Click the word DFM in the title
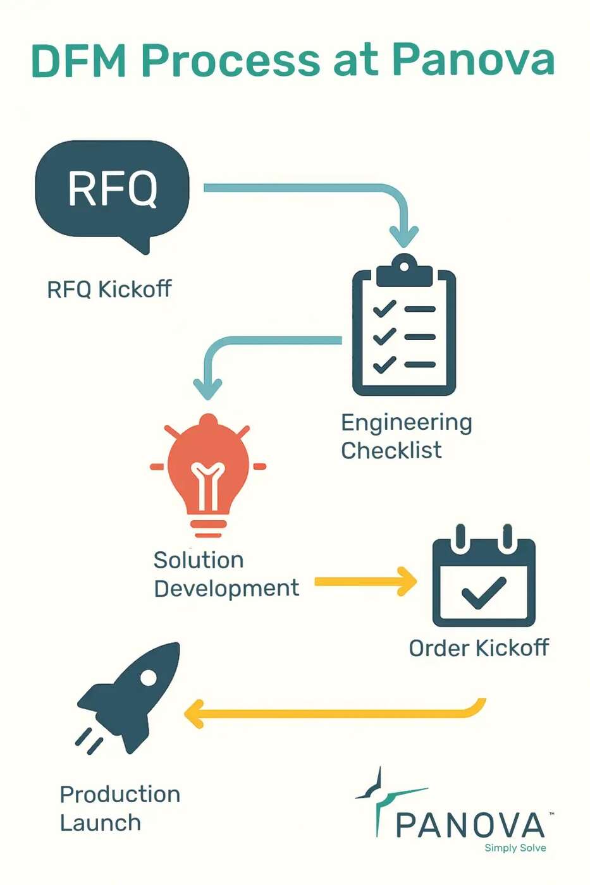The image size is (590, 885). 79,61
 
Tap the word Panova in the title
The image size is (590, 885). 472,61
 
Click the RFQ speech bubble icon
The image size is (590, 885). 113,190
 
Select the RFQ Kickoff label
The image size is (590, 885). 109,290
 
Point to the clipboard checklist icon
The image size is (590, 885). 404,329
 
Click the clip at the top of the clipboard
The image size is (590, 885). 404,271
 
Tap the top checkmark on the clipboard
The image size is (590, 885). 384,308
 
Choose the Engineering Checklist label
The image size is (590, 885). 406,436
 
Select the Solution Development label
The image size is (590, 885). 226,574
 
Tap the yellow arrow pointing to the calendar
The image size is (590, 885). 366,582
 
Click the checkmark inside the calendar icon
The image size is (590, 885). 484,592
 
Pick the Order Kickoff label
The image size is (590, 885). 479,648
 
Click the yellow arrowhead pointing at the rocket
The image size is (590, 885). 195,714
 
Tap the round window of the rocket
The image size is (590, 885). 149,678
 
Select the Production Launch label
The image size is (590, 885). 120,809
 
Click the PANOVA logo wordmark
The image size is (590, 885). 470,825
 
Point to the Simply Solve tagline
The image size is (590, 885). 515,848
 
